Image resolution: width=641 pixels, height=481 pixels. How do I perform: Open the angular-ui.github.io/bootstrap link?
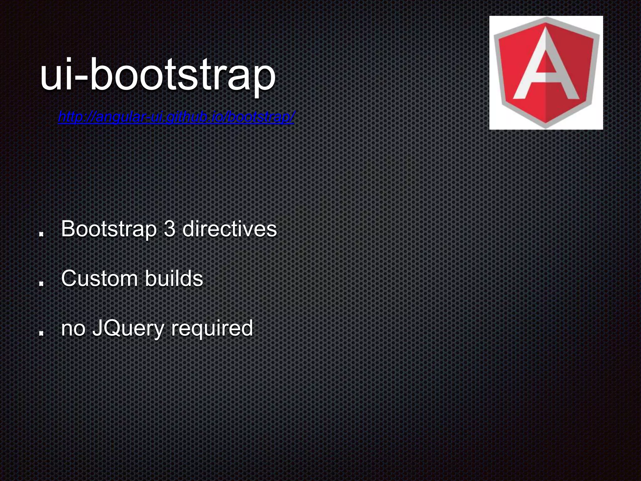coord(176,117)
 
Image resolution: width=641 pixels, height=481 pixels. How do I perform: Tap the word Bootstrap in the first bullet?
coord(109,229)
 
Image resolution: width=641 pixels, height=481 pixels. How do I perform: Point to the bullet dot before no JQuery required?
coord(41,333)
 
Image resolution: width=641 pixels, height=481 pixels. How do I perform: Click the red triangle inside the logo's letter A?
coord(546,61)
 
